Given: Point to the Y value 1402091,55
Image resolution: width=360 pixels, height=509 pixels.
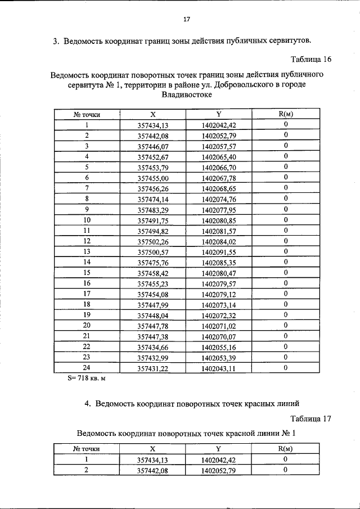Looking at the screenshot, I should [219, 252].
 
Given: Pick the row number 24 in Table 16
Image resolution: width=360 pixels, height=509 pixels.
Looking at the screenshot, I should [87, 368].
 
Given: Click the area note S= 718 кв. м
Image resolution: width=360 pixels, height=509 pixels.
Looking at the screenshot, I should [87, 378].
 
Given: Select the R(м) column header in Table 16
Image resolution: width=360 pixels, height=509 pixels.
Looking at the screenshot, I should [286, 114].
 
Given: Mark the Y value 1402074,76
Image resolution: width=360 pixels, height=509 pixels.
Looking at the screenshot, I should [219, 199].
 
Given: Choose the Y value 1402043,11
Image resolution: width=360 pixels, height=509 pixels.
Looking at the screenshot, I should [219, 368].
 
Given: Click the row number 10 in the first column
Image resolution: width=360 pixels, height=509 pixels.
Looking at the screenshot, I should [87, 220].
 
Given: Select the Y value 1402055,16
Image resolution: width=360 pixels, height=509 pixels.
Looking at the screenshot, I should [219, 347].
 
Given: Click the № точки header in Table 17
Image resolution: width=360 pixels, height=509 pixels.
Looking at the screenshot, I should [87, 449].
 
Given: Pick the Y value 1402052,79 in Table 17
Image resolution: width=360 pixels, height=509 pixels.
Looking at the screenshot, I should [219, 470].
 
